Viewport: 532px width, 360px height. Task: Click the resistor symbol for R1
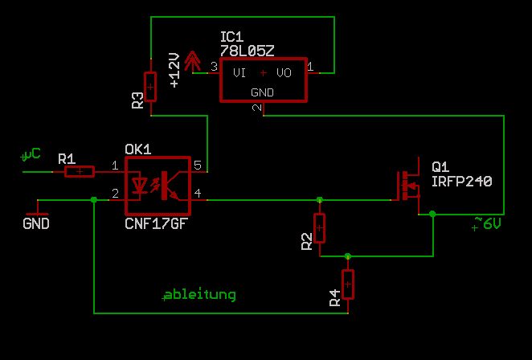(x=80, y=171)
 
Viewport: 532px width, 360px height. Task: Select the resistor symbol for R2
(x=320, y=228)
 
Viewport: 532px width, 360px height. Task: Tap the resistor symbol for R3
(x=150, y=86)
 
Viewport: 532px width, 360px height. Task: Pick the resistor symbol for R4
(x=348, y=284)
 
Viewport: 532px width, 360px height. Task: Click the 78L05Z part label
(x=248, y=50)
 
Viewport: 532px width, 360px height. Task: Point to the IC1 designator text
(x=231, y=37)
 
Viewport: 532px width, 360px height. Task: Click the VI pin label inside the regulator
(x=239, y=73)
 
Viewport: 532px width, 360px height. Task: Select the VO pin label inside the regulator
(x=284, y=73)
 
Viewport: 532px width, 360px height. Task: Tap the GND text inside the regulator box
(x=263, y=92)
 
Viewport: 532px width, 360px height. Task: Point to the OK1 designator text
(x=138, y=149)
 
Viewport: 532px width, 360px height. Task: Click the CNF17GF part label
(x=158, y=223)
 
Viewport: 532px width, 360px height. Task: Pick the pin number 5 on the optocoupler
(x=198, y=166)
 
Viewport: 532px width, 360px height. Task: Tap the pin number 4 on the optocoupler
(x=198, y=194)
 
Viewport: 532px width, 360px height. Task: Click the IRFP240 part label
(x=461, y=182)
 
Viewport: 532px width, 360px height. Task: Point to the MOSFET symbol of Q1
(x=407, y=186)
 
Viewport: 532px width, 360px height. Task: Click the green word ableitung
(x=199, y=294)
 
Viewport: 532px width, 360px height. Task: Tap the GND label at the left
(x=36, y=223)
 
